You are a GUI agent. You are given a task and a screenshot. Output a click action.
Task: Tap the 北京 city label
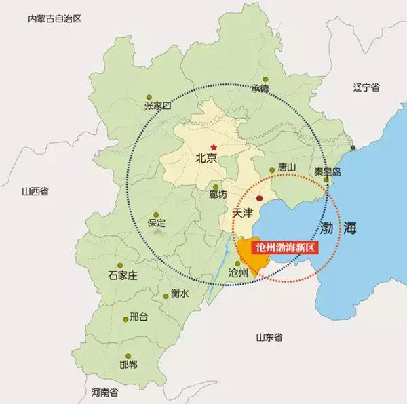205,159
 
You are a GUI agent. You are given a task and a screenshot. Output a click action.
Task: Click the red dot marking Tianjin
259,197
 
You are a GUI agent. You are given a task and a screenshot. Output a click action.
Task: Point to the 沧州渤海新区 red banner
284,247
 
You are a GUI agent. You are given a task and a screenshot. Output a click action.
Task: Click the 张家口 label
158,105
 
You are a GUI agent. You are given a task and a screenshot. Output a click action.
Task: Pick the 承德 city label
260,88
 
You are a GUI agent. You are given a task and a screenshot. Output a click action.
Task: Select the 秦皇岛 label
328,171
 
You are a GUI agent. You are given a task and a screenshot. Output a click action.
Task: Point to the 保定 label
156,223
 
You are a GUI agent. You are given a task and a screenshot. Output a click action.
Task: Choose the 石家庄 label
123,275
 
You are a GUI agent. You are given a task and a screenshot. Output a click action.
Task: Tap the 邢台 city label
138,317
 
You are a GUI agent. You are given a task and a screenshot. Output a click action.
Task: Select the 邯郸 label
128,365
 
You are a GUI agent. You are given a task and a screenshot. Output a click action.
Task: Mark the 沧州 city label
239,272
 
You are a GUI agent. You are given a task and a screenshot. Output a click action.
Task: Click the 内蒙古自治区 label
54,19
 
